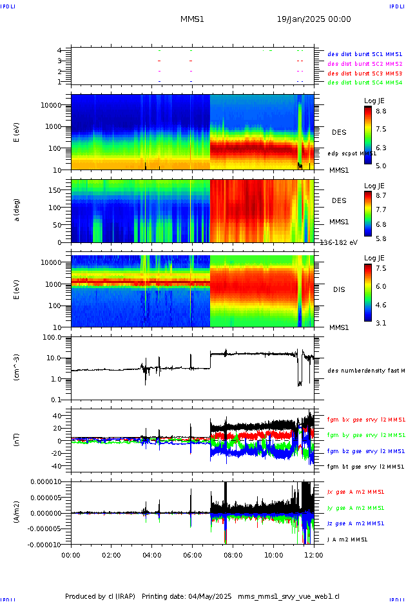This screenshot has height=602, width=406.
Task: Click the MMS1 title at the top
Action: (x=192, y=19)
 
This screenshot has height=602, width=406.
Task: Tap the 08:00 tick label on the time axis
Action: (x=233, y=554)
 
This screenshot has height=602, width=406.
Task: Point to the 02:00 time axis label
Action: (x=111, y=554)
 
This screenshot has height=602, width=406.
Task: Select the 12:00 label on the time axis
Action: (x=314, y=554)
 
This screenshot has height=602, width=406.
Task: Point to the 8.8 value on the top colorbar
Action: (x=381, y=111)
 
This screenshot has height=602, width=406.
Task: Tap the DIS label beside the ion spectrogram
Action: (x=339, y=289)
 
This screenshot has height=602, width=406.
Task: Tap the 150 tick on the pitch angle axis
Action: (x=60, y=190)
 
